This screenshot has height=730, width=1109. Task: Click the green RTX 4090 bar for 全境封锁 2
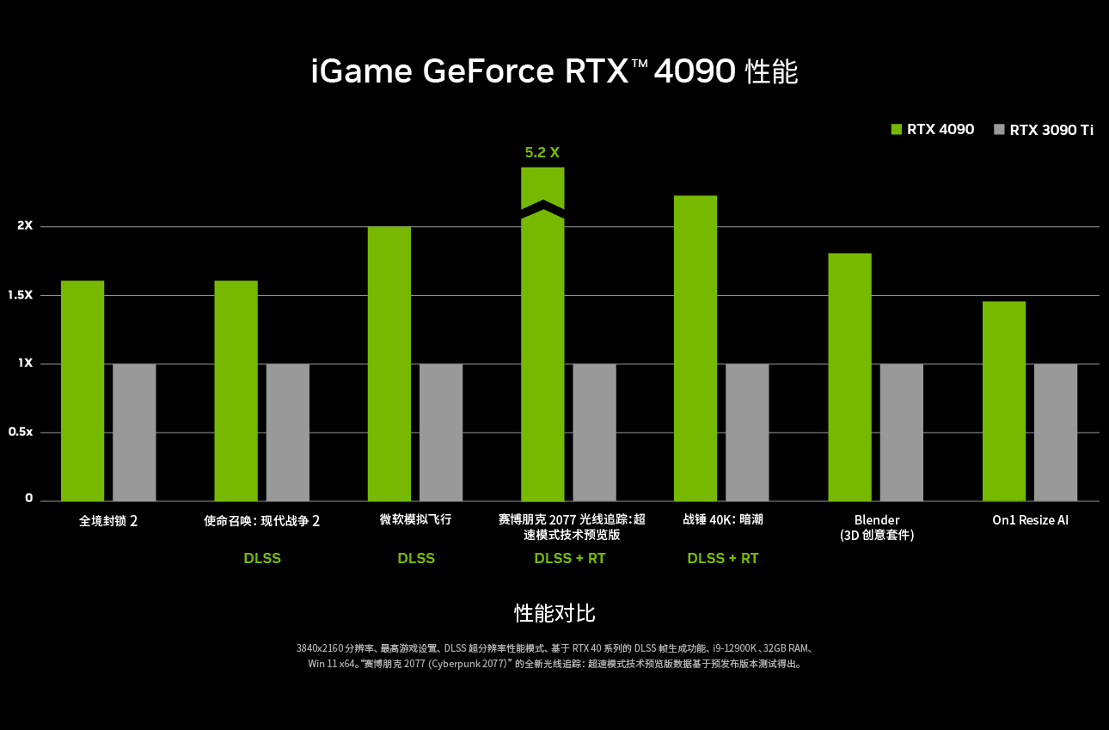(x=83, y=390)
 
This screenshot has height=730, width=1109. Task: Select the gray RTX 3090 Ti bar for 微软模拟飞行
(x=441, y=432)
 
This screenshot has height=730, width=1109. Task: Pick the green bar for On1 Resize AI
(x=1004, y=401)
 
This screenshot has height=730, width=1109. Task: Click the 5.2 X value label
(x=542, y=153)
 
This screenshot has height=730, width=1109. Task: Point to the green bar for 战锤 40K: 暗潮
(x=695, y=348)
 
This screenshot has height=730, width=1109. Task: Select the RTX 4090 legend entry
(x=932, y=130)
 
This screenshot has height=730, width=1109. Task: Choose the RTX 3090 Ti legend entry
(x=1043, y=130)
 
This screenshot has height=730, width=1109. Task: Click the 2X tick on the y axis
(x=24, y=226)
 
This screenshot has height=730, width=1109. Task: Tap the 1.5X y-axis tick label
(x=21, y=295)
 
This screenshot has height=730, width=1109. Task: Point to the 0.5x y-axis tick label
(x=21, y=432)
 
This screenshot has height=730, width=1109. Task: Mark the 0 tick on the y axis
(x=28, y=499)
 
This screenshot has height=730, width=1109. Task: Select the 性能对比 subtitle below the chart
(x=554, y=613)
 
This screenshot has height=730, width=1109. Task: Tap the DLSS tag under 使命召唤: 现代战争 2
(x=262, y=559)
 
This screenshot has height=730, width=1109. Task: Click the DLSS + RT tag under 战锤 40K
(x=723, y=559)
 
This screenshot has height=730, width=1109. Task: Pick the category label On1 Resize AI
(x=1030, y=520)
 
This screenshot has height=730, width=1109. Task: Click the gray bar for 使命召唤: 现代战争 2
(x=287, y=432)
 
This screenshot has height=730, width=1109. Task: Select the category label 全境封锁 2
(x=108, y=521)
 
